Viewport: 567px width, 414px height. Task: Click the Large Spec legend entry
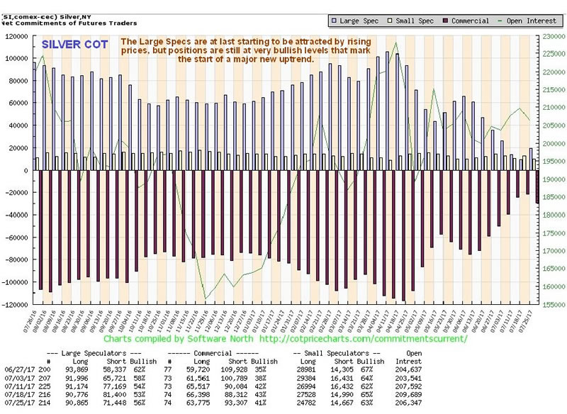coord(358,21)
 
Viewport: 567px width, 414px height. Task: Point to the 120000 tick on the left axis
coord(15,35)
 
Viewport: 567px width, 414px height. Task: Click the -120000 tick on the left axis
coord(15,305)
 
